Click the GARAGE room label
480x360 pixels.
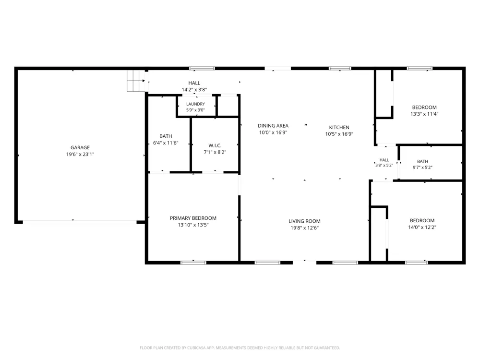pos(80,147)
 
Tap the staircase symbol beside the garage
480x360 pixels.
pos(136,81)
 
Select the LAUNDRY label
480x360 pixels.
pos(196,104)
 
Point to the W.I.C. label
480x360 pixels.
pos(215,145)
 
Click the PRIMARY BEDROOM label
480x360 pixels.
pos(193,218)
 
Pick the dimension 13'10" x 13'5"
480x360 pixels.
pos(193,225)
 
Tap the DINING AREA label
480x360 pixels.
pos(273,125)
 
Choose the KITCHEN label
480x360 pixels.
pos(339,127)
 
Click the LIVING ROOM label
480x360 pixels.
pos(305,221)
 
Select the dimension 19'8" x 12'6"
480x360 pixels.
pos(305,228)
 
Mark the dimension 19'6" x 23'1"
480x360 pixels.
pos(80,154)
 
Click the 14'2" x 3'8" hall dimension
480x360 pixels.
pos(194,90)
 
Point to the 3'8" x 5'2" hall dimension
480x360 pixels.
pos(384,165)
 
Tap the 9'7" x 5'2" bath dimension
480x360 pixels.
pos(422,168)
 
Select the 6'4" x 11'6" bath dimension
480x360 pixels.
pos(166,143)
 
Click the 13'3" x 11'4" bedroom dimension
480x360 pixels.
pos(424,114)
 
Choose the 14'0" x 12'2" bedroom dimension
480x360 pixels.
pos(422,227)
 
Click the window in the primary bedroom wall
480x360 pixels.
pos(193,263)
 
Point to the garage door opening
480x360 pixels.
pos(80,222)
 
